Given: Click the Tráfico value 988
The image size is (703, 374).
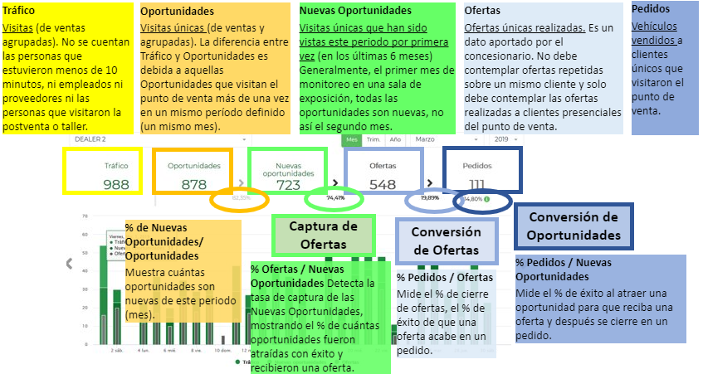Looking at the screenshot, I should [116, 184].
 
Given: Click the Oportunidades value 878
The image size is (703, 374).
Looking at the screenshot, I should [193, 184].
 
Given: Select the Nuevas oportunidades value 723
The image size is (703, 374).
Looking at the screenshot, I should [287, 185].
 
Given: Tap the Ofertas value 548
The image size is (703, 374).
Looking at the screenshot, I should [382, 185].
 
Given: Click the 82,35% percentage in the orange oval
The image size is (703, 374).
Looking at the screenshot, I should [241, 198].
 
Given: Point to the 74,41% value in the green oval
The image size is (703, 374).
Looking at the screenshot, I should [335, 198].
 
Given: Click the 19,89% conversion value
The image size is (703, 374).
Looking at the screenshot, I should [429, 199].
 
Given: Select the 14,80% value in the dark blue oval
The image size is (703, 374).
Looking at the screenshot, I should [473, 199].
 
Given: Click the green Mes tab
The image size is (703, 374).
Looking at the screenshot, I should [352, 139].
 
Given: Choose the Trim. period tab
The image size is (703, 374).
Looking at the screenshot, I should [374, 139].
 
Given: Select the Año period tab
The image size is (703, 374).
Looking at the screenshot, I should [395, 139].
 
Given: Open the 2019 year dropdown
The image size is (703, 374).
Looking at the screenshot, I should [505, 139].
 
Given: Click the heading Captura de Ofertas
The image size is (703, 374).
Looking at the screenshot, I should [324, 235].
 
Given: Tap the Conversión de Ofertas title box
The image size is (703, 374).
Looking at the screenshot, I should [446, 240].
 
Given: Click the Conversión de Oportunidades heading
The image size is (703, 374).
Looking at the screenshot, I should [574, 226].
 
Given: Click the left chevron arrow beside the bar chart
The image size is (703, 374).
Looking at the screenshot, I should [70, 264].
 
